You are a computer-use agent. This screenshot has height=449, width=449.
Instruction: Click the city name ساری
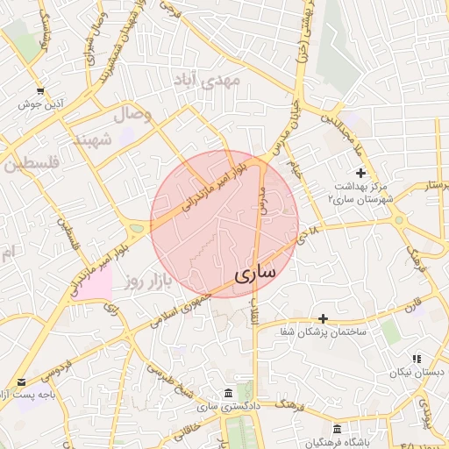255,274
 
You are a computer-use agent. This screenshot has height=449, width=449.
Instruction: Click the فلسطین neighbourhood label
29,164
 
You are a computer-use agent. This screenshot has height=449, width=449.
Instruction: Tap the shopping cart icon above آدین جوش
40,91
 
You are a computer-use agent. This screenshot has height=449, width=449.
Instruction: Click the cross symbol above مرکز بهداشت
360,172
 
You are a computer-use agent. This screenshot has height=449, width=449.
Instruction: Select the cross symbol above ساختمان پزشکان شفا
324,318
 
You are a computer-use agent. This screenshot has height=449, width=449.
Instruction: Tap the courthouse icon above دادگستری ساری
228,391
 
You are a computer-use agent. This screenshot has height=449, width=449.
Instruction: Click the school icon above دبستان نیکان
417,359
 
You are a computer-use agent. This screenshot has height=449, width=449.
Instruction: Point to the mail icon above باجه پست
21,382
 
